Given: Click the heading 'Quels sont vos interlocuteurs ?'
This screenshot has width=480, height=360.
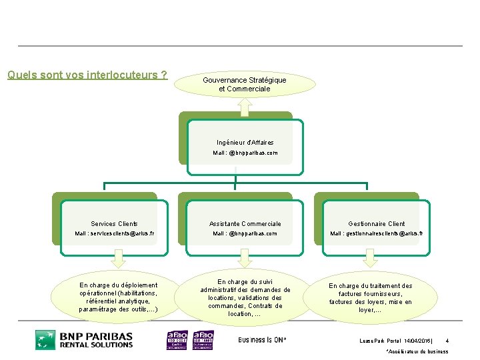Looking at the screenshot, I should pos(87,75).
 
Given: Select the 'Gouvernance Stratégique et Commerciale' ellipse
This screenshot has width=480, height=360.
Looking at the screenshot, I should pos(244,84).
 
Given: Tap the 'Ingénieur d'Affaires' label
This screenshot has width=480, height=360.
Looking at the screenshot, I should pos(245,143).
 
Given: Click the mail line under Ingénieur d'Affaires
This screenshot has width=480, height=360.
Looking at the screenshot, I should pos(245,153).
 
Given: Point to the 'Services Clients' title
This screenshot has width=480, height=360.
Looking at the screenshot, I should pos(114,224).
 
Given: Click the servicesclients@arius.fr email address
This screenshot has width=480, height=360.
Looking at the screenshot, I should pos(114,234).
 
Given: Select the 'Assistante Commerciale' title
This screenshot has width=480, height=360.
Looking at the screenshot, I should pos(245,224).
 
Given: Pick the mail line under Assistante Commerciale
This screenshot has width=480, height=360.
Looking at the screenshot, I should pos(245,234).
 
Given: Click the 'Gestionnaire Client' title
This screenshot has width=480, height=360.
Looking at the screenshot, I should pos(377,224).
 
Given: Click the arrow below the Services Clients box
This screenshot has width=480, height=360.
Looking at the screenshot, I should pos(118,258).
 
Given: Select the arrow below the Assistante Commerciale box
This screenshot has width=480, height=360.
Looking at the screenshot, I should pos(244,258).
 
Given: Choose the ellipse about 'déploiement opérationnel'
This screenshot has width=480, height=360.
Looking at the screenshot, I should pos(118,297).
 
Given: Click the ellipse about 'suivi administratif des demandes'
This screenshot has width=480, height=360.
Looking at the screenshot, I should pos(245,297).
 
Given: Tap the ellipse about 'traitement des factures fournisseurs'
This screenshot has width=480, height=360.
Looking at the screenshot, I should pos(370,297).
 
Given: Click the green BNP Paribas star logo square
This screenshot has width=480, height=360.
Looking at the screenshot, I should pos(45,339).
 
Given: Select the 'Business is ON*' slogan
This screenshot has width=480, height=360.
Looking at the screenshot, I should pos(262,340).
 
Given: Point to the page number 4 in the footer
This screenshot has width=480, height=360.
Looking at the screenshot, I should pos(447,341).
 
